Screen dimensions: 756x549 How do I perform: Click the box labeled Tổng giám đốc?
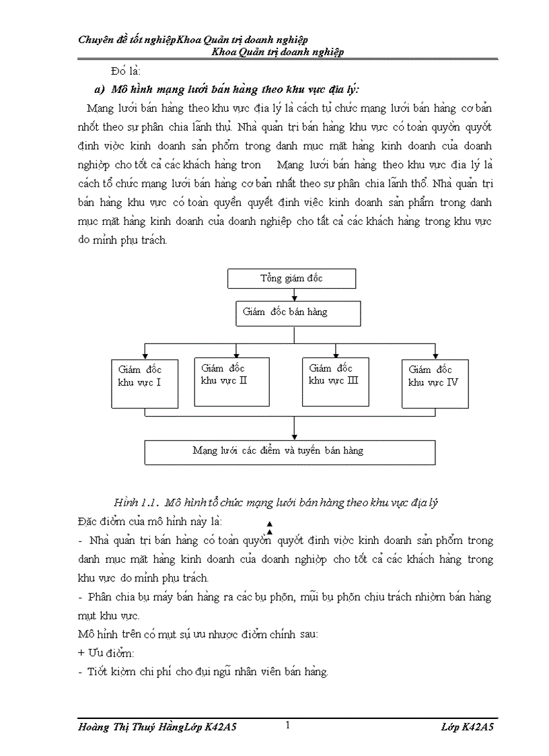pyautogui.click(x=291, y=278)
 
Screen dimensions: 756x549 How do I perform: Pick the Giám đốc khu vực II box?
pyautogui.click(x=231, y=382)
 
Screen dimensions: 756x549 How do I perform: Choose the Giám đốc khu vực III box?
pyautogui.click(x=335, y=382)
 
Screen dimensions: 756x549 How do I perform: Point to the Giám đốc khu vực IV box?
pyautogui.click(x=435, y=384)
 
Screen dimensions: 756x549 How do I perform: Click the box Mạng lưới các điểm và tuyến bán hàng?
pyautogui.click(x=290, y=452)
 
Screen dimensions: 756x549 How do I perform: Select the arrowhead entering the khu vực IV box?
pyautogui.click(x=435, y=355)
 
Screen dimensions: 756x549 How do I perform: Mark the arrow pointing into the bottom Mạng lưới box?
pyautogui.click(x=294, y=436)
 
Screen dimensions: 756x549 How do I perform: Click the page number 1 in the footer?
pyautogui.click(x=288, y=725)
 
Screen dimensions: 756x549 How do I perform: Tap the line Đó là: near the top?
pyautogui.click(x=126, y=71)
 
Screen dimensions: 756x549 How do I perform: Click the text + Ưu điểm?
pyautogui.click(x=106, y=653)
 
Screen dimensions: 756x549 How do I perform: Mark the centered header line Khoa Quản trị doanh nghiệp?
pyautogui.click(x=278, y=52)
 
